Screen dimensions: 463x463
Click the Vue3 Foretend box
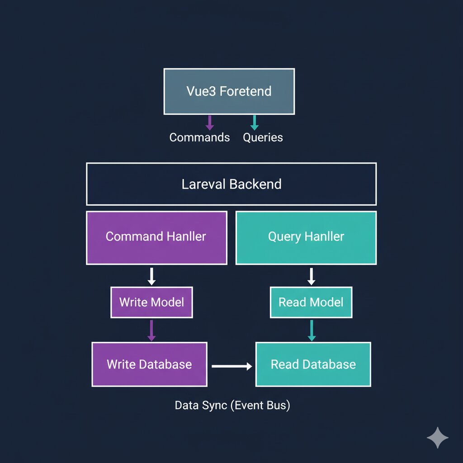coord(229,91)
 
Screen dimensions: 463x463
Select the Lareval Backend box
coord(231,184)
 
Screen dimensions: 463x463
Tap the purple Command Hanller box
coord(156,237)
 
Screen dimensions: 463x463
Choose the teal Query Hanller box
coord(306,237)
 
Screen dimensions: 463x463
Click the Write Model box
coord(151,302)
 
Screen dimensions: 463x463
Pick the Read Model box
coord(311,302)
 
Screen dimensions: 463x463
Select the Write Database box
coord(149,364)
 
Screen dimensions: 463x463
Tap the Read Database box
coord(313,364)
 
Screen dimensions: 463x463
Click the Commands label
coord(199,137)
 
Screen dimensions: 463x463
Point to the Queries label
coord(263,137)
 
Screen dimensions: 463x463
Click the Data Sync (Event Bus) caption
coord(232,405)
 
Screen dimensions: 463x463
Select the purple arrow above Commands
coord(209,123)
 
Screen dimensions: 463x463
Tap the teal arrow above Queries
coord(254,123)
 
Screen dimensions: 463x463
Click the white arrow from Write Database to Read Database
coord(232,366)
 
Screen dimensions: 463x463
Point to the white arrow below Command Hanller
coord(151,276)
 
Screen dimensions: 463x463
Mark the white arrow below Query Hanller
coord(311,276)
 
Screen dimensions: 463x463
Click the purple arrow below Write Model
coord(151,331)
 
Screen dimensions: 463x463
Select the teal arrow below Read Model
coord(311,331)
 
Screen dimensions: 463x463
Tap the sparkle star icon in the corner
coord(438,437)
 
